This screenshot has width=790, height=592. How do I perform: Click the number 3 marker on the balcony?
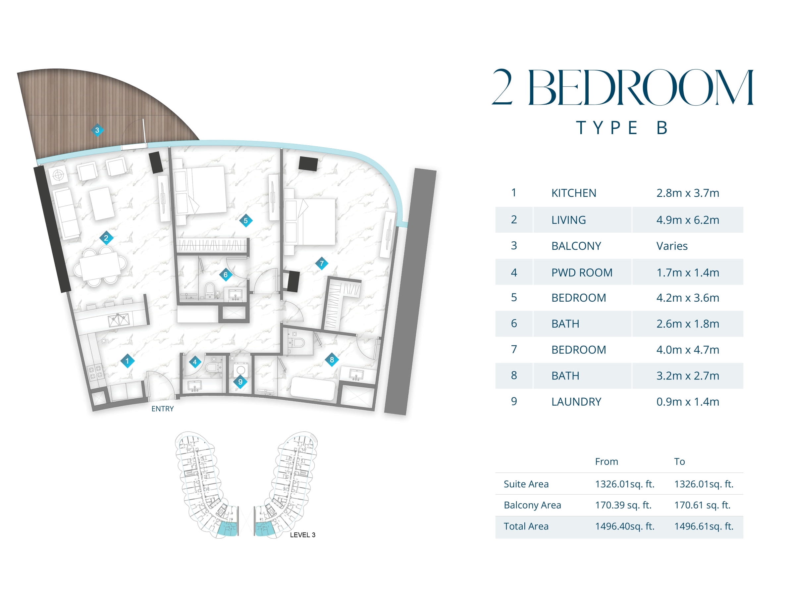coord(97,130)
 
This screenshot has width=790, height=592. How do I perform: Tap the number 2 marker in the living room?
coord(106,238)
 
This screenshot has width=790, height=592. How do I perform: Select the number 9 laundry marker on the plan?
coord(240,382)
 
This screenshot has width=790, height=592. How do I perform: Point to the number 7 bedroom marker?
coord(322,264)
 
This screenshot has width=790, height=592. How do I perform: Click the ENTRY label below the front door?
coord(163,409)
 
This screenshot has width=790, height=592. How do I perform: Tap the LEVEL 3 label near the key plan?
coord(302,535)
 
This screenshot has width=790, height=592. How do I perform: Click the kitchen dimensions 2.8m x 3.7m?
coord(688,193)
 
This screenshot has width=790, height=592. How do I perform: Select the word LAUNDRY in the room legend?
coord(576,402)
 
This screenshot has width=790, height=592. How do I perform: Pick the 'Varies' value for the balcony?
coord(672,246)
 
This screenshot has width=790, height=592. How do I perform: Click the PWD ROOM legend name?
coord(582,273)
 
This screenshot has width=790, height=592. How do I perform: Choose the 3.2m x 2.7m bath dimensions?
coord(688,375)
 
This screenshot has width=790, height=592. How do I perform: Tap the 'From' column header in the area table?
coord(606,462)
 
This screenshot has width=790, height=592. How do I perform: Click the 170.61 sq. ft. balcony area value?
coord(702,505)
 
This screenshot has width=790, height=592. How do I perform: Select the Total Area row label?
coord(526,526)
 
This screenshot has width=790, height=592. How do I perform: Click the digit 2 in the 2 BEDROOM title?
coord(502,87)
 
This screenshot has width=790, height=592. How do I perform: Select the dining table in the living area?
coord(101,266)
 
